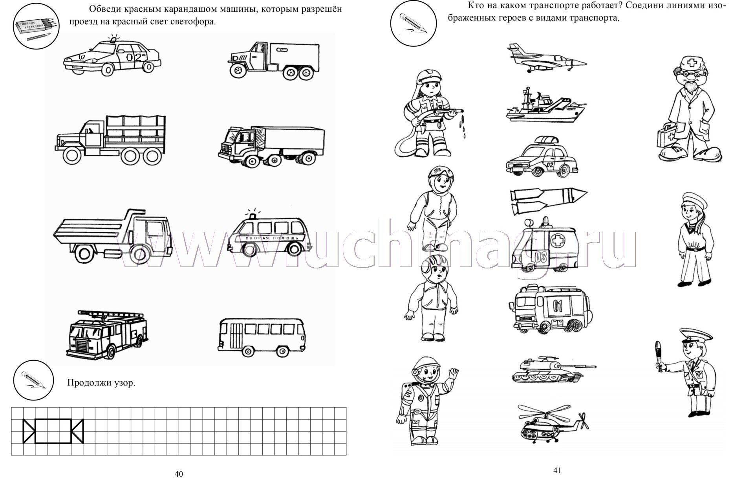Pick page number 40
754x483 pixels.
(x=179, y=474)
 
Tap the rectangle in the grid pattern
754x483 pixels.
(x=53, y=431)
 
